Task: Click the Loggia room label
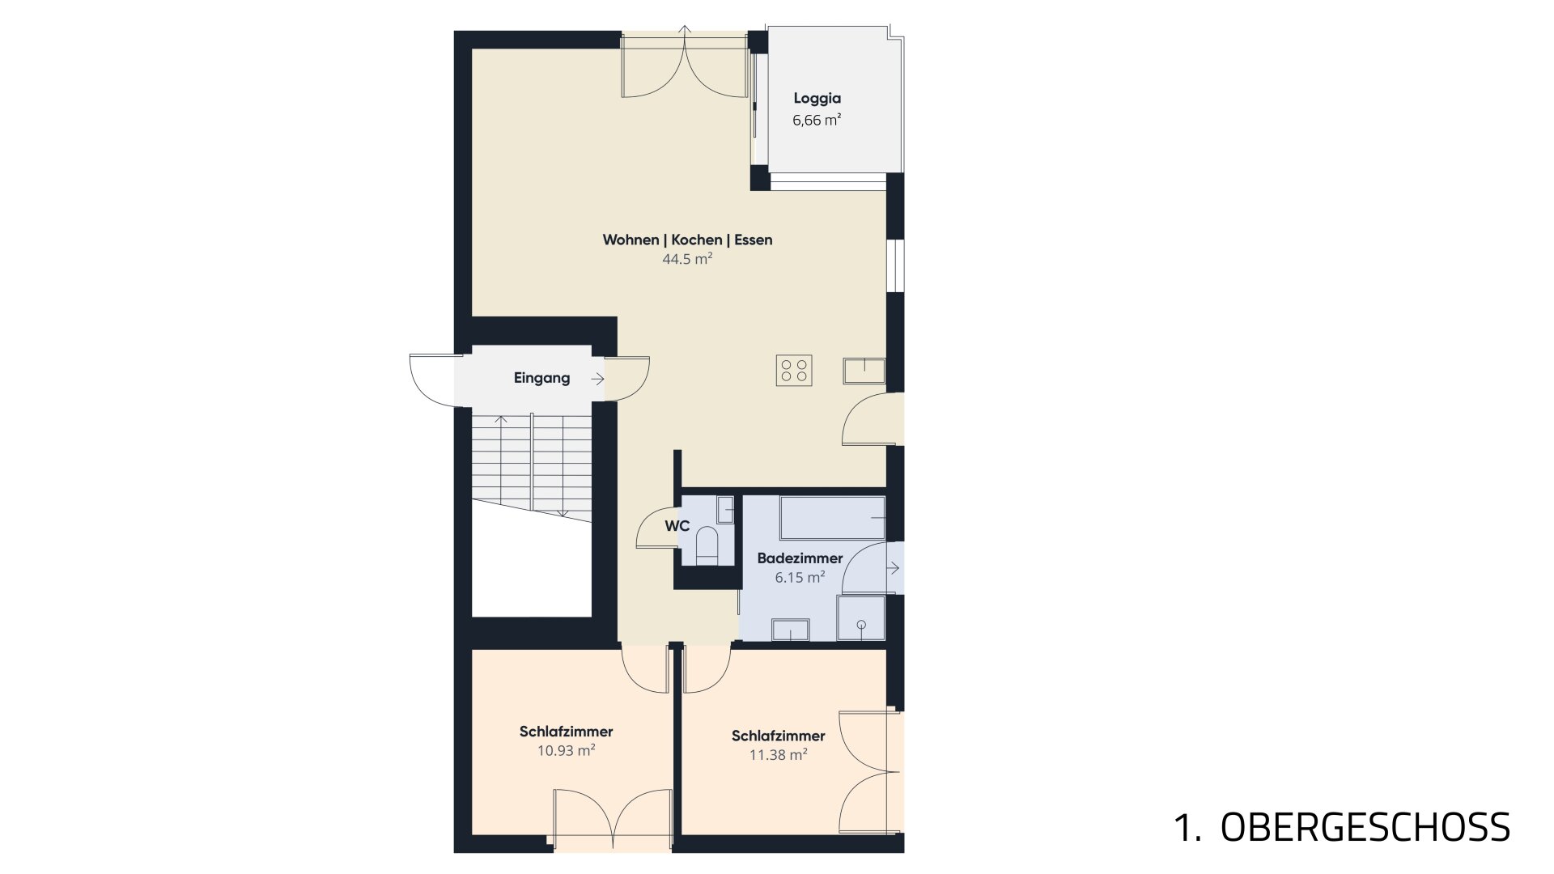(x=817, y=99)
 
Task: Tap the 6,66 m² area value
(x=817, y=121)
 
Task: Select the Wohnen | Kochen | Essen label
(x=687, y=240)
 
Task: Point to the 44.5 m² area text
(x=687, y=259)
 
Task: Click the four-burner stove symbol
(x=794, y=371)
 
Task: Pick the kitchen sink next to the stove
(x=864, y=371)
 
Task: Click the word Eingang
(x=541, y=378)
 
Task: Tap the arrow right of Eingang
(x=597, y=379)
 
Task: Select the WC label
(x=677, y=526)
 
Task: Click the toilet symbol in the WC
(x=707, y=544)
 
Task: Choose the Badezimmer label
(x=800, y=558)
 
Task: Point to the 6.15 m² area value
(x=800, y=577)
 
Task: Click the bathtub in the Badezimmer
(x=832, y=518)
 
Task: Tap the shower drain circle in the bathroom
(x=861, y=625)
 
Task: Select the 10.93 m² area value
(x=567, y=750)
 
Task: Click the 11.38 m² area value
(x=779, y=755)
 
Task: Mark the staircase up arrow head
(x=502, y=419)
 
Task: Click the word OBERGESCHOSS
(x=1365, y=827)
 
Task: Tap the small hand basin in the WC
(x=725, y=509)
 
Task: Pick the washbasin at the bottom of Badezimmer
(x=791, y=630)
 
